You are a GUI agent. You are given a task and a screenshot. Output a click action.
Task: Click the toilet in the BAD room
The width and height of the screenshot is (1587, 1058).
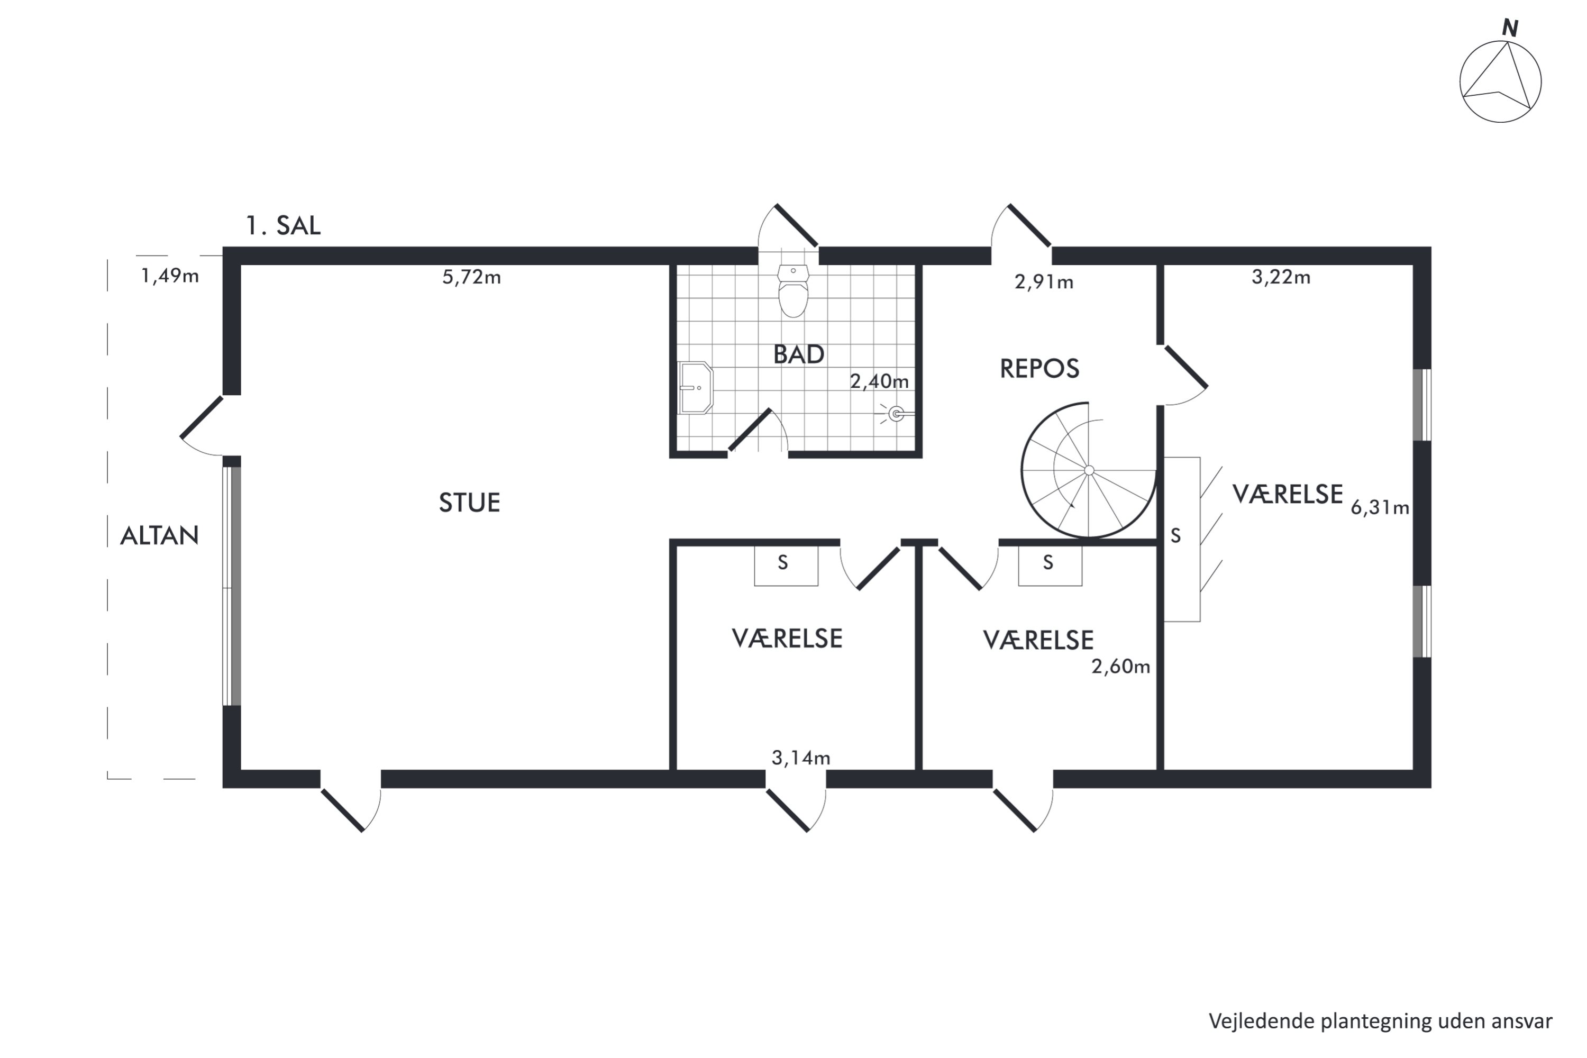click(x=793, y=291)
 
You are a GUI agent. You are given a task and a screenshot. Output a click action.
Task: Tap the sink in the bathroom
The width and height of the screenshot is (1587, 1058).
click(x=696, y=388)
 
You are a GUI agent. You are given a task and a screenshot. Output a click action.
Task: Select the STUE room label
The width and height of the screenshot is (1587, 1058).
click(x=470, y=503)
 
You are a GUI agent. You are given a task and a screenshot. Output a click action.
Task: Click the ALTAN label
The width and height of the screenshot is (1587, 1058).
click(x=159, y=536)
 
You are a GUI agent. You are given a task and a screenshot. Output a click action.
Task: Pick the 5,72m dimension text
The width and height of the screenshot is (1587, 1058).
click(x=472, y=277)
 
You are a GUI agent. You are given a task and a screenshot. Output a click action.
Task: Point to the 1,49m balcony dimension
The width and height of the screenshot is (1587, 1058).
click(x=170, y=276)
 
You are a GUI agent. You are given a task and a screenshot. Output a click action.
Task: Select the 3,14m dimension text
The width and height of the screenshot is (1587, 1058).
click(x=801, y=758)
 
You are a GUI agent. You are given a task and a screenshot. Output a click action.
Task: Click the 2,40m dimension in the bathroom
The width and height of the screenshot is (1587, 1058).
click(x=879, y=382)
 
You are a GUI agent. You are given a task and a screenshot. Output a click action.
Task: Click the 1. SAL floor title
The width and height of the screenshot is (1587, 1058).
click(x=282, y=225)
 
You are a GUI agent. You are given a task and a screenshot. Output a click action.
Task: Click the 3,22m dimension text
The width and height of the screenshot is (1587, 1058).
click(x=1281, y=277)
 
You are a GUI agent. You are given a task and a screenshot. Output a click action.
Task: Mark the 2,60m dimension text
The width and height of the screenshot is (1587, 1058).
click(x=1121, y=667)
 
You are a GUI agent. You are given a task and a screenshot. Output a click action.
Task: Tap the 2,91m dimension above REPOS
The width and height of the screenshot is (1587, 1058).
click(x=1044, y=282)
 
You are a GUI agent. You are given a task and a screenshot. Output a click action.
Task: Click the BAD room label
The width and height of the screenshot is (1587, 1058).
click(x=799, y=355)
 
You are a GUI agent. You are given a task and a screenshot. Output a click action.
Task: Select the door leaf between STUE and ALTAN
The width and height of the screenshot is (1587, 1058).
click(x=201, y=417)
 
